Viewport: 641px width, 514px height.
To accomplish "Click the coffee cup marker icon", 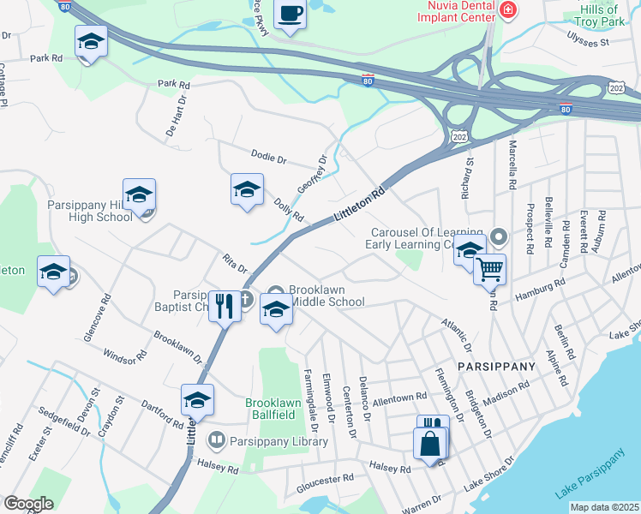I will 290,14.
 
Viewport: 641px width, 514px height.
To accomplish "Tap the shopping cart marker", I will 489,270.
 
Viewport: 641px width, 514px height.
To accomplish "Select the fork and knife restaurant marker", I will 225,306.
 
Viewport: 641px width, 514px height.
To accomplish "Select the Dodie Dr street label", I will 268,157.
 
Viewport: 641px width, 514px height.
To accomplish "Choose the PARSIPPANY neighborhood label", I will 496,366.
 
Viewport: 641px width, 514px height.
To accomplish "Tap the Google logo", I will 28,503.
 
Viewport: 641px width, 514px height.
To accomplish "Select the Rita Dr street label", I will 234,262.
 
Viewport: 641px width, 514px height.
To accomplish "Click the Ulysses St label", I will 587,39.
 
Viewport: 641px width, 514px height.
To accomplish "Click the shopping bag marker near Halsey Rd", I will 429,444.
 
